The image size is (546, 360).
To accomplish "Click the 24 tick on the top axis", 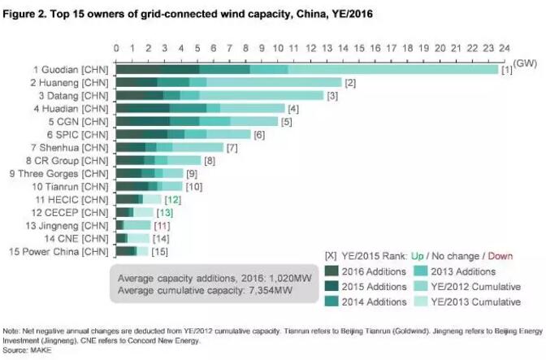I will (504, 48).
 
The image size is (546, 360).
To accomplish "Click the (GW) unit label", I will (523, 62).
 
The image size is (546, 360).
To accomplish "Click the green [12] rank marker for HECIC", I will (172, 200).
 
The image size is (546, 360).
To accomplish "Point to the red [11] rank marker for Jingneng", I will (162, 225).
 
